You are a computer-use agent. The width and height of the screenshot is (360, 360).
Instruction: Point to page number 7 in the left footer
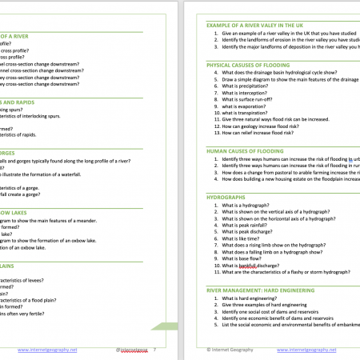[154, 350]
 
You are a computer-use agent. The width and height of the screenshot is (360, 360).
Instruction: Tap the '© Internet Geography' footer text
[230, 350]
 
